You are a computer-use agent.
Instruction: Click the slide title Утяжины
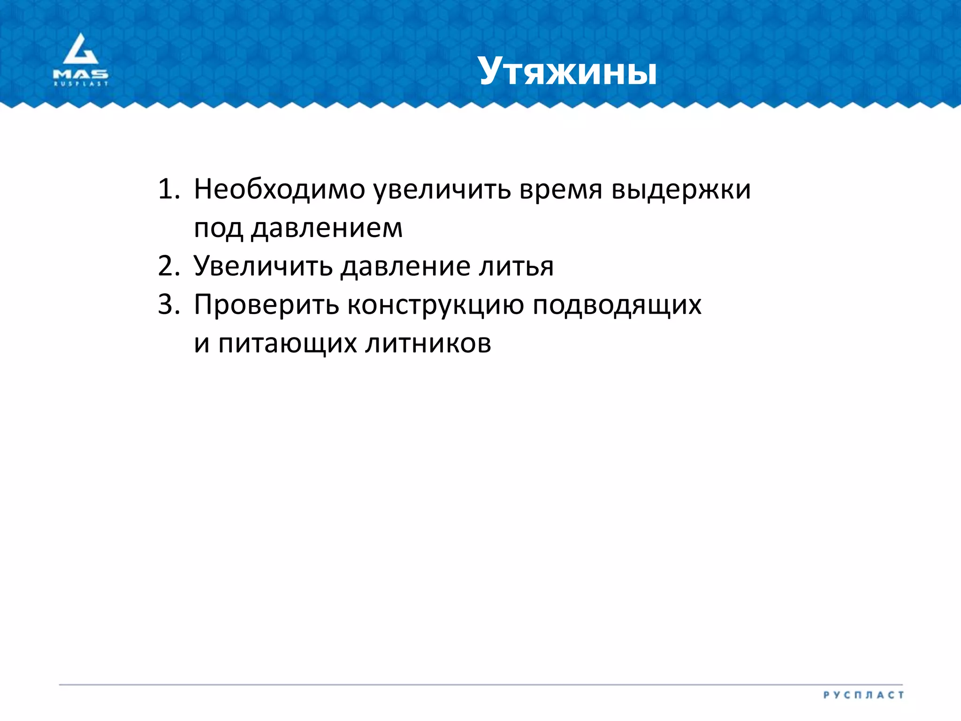(568, 72)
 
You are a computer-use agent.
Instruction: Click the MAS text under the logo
(81, 74)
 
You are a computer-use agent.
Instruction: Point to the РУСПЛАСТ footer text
(863, 695)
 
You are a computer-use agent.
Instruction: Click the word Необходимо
(280, 189)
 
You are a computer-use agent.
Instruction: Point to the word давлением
(327, 229)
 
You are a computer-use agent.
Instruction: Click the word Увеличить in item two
(263, 266)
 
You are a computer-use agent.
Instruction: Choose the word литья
(516, 266)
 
